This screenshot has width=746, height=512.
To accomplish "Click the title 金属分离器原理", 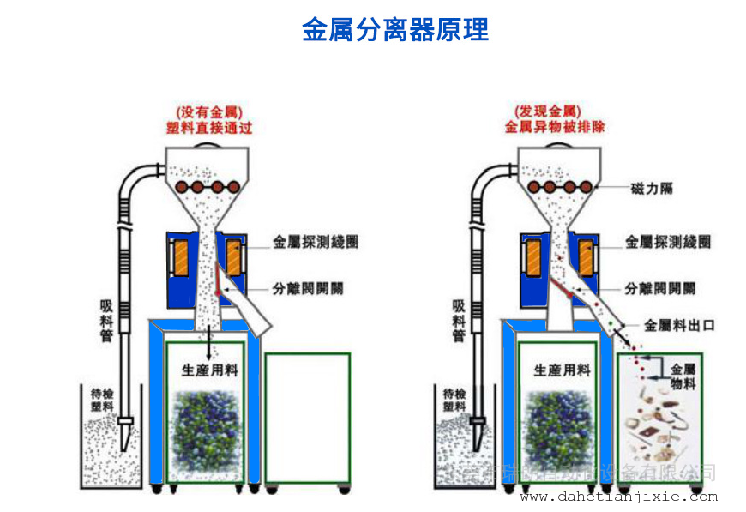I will (x=394, y=30).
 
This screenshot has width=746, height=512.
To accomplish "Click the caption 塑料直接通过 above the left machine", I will (x=209, y=128).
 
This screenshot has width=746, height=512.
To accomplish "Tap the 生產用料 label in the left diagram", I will (x=210, y=370).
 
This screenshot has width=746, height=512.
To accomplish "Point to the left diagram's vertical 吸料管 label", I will (x=106, y=320).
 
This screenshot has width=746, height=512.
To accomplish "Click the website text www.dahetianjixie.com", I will (x=618, y=497).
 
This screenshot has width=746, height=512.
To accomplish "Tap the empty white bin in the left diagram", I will (x=308, y=418).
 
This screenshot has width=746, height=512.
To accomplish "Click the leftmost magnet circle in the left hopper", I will (x=181, y=187).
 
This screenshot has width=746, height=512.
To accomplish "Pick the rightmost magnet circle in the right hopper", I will (x=586, y=186).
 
